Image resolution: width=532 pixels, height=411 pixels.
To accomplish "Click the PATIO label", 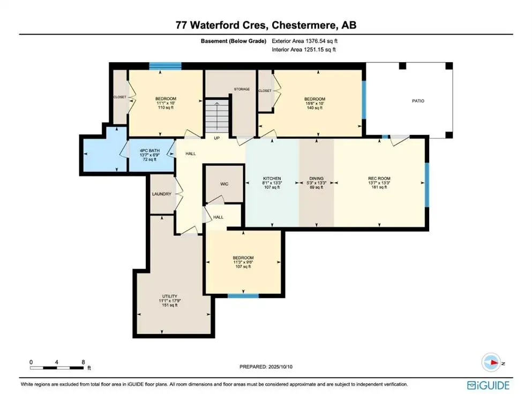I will click(418, 101).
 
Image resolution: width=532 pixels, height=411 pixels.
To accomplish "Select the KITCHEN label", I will click(272, 178).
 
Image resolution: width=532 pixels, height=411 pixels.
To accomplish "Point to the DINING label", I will click(317, 178).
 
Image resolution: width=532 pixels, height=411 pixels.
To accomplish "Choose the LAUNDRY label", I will click(161, 194).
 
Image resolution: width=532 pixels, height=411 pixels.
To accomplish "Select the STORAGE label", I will click(242, 89).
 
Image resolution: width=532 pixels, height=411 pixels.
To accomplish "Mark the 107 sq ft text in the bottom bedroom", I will click(243, 267).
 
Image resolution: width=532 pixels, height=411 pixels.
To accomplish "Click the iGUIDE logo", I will click(488, 385).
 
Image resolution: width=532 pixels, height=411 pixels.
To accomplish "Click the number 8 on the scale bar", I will click(83, 362).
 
